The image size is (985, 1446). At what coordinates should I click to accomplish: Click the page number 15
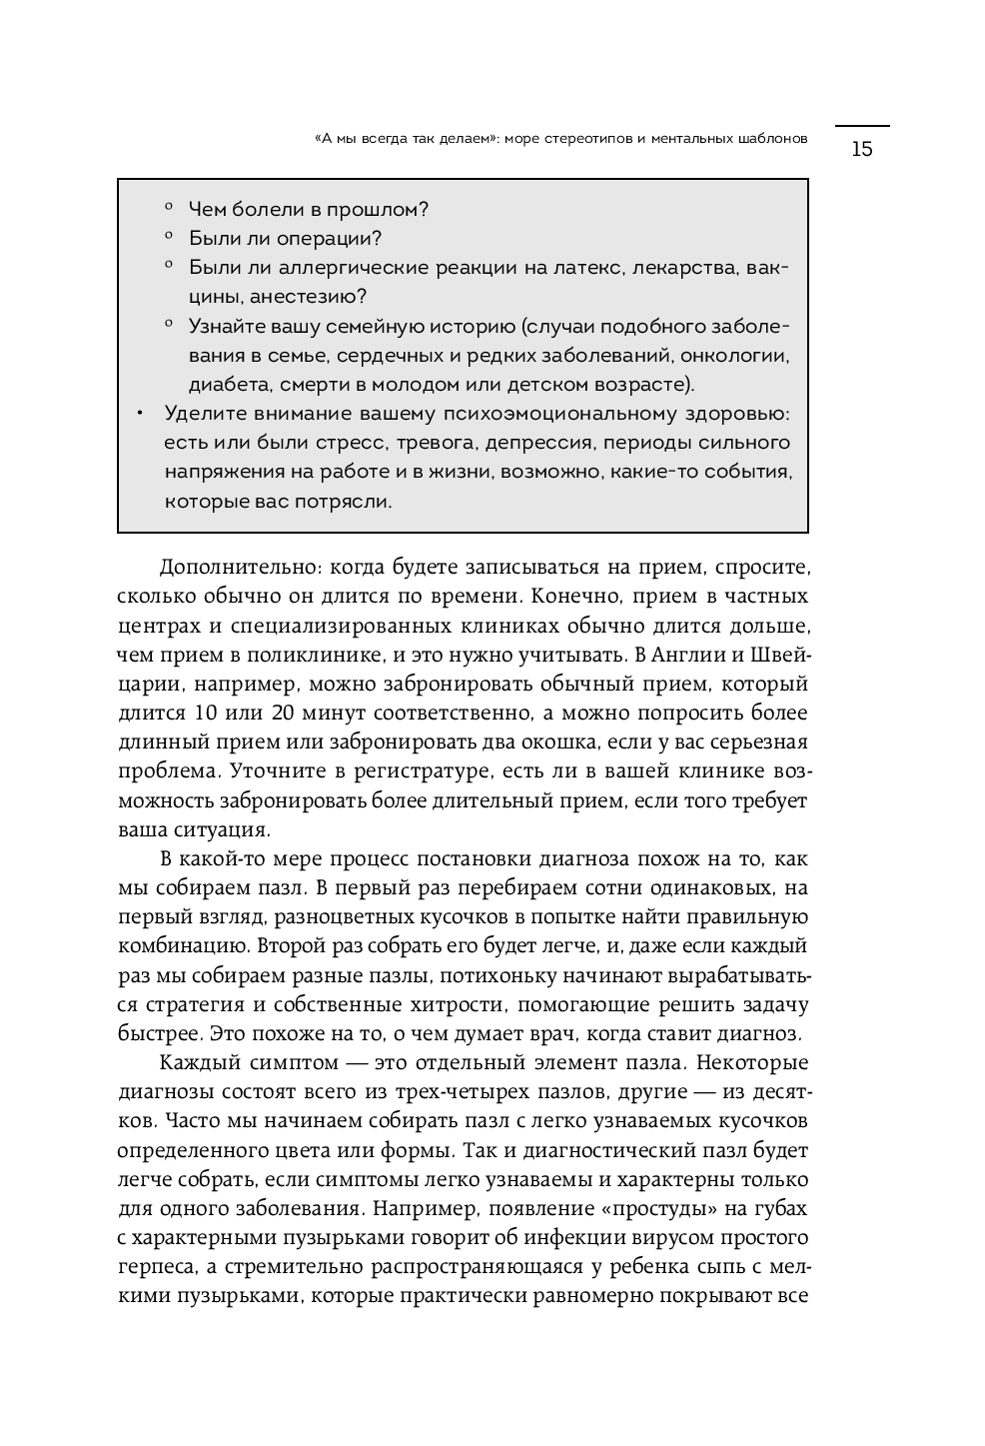pos(861,150)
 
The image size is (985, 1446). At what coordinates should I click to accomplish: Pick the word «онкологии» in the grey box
pos(742,355)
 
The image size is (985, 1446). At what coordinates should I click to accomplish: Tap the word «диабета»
pos(222,384)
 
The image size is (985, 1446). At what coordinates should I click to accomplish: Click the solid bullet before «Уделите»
pos(141,414)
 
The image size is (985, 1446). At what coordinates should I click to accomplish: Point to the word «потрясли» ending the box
pos(351,502)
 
